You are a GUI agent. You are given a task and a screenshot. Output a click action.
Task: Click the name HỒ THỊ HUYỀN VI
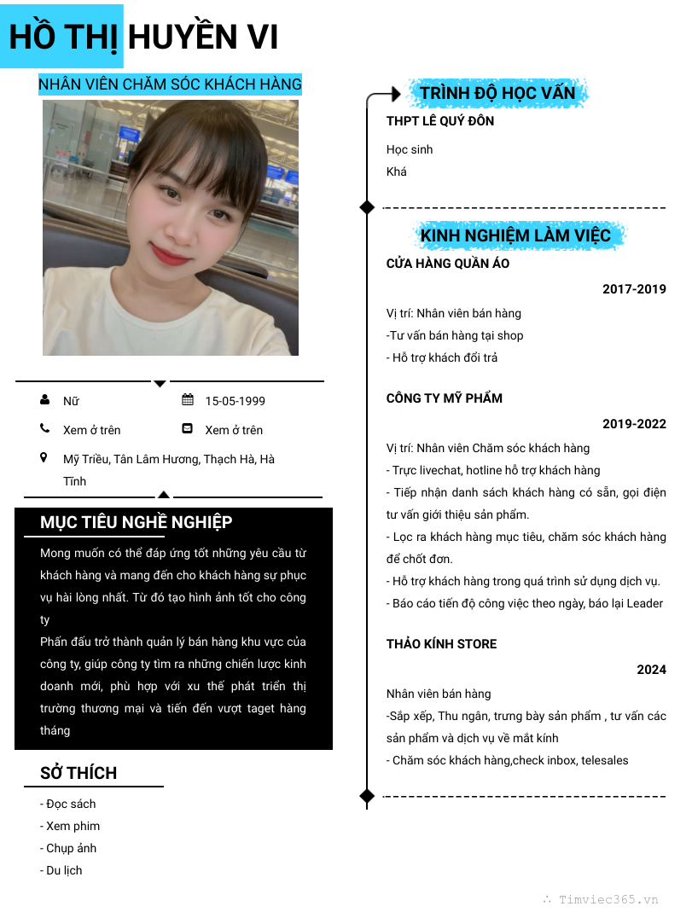pos(143,38)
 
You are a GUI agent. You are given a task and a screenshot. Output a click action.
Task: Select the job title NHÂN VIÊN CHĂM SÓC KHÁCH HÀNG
pos(170,84)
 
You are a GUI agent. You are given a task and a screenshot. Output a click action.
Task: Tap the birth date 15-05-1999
pos(235,401)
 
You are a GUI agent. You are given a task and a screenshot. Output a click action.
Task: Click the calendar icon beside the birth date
pos(188,400)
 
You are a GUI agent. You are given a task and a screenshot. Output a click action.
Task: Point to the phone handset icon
pos(44,429)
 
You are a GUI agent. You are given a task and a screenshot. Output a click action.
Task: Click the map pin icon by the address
pos(44,458)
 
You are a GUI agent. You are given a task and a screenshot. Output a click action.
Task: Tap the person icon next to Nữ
pos(44,400)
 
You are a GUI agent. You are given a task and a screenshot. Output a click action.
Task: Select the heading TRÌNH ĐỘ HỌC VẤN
pos(497,93)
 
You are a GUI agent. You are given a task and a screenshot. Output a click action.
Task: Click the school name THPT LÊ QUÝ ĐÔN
pos(440,121)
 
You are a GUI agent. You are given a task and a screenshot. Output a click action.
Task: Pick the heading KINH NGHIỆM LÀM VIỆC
pos(515,235)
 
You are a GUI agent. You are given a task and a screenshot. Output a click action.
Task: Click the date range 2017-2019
pos(634,289)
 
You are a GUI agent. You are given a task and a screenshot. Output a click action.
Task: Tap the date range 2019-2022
pos(634,424)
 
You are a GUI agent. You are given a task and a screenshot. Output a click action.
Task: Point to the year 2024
pos(651,670)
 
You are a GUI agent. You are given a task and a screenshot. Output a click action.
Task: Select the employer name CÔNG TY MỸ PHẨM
pos(445,398)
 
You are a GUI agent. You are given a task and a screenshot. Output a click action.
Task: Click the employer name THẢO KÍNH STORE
pos(441,644)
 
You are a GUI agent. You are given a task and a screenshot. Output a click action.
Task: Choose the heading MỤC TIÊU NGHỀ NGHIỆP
pos(137,522)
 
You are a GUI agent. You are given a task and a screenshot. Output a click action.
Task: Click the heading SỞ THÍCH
pos(79,773)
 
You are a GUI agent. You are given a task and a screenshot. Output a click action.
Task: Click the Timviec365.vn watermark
pos(608,899)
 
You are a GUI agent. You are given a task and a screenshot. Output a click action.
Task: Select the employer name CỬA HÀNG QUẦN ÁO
pos(448,264)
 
